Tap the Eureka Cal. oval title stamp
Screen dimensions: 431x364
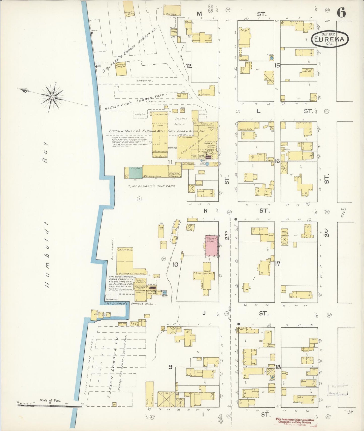pos(330,39)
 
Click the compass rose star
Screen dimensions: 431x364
pos(52,97)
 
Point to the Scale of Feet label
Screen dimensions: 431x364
pos(50,400)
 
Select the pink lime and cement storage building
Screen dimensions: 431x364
pos(212,246)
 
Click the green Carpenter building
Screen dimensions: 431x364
pos(136,173)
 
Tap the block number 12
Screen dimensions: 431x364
pos(189,66)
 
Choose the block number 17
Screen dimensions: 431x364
pos(277,264)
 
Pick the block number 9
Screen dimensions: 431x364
pos(171,367)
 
